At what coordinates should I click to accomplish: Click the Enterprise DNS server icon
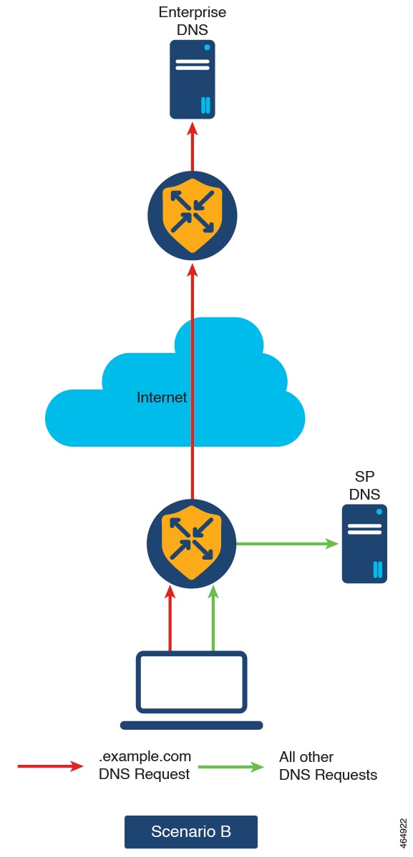(x=192, y=79)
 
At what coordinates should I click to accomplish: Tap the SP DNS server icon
(x=364, y=544)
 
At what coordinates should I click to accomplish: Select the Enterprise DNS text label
(x=192, y=20)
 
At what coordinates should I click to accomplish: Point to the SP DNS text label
(x=364, y=485)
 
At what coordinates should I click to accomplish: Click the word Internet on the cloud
(x=162, y=397)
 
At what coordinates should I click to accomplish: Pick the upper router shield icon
(x=193, y=216)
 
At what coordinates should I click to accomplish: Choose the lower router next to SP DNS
(x=191, y=544)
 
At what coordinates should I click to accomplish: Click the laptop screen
(x=191, y=682)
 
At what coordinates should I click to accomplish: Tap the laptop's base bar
(x=191, y=725)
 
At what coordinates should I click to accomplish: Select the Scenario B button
(x=191, y=831)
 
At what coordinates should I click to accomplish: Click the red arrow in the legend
(x=50, y=766)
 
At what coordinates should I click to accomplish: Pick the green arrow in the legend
(x=231, y=766)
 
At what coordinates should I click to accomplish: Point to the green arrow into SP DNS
(x=288, y=544)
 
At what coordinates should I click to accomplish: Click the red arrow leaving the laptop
(x=170, y=618)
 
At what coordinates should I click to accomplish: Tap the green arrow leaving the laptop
(x=213, y=618)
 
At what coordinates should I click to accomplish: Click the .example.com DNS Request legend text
(x=145, y=766)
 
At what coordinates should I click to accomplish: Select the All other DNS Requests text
(x=328, y=766)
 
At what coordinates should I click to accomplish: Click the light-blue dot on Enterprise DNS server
(x=207, y=48)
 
